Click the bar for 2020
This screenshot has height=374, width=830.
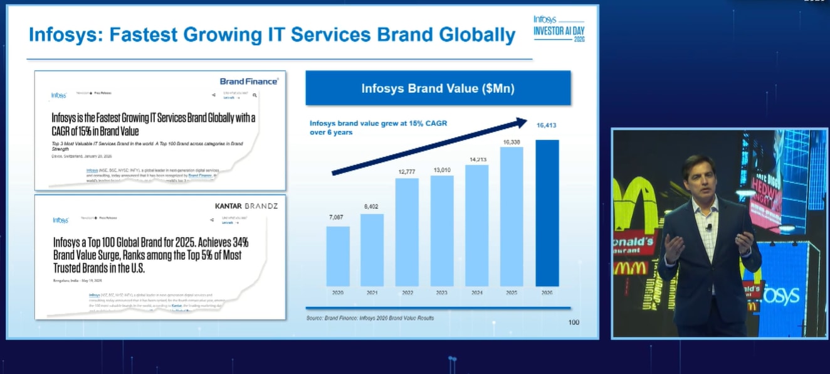tap(338, 256)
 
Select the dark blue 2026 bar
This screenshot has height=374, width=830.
tap(547, 213)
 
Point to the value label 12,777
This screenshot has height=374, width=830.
tap(407, 172)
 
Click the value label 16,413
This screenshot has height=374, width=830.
tap(547, 126)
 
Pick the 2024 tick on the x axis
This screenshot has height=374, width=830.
tap(477, 292)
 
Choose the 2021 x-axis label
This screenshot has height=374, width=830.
tap(372, 292)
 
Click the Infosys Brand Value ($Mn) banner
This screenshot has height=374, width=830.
tap(438, 88)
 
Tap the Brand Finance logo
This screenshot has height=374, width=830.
tap(249, 81)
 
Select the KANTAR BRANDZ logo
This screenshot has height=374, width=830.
tap(246, 206)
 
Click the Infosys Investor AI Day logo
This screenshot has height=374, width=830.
tap(559, 29)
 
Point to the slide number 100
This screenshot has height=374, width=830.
tap(574, 322)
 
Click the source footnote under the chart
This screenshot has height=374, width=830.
tap(370, 318)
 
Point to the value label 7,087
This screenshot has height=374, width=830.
tap(337, 217)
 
